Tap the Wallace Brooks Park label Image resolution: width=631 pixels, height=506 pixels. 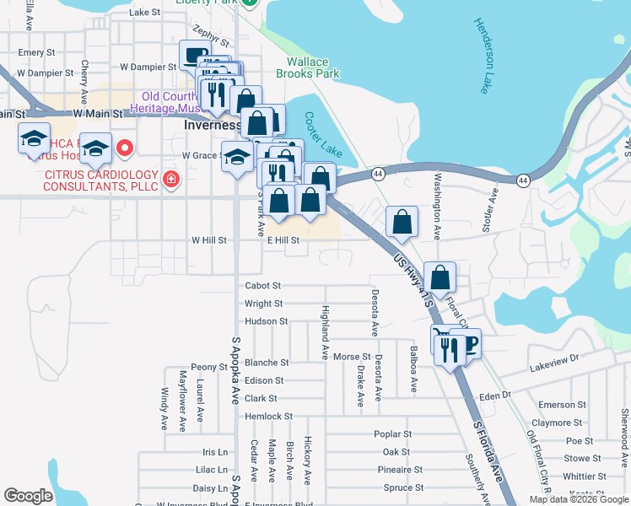(313, 67)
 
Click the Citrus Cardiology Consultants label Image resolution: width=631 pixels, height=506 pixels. (102, 180)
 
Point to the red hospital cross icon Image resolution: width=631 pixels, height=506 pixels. (171, 179)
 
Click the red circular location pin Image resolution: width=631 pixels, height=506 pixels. (125, 149)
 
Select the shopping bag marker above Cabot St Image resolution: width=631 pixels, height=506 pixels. (440, 277)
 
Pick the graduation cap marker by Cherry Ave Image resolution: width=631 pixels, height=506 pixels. (95, 148)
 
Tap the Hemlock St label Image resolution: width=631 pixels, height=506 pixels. (268, 416)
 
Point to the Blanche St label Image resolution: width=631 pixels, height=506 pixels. (267, 363)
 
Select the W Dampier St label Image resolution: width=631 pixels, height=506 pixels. (147, 66)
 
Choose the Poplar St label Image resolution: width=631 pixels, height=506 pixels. (392, 434)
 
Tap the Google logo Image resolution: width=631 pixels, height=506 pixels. (28, 496)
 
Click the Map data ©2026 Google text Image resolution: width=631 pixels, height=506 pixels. (579, 499)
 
